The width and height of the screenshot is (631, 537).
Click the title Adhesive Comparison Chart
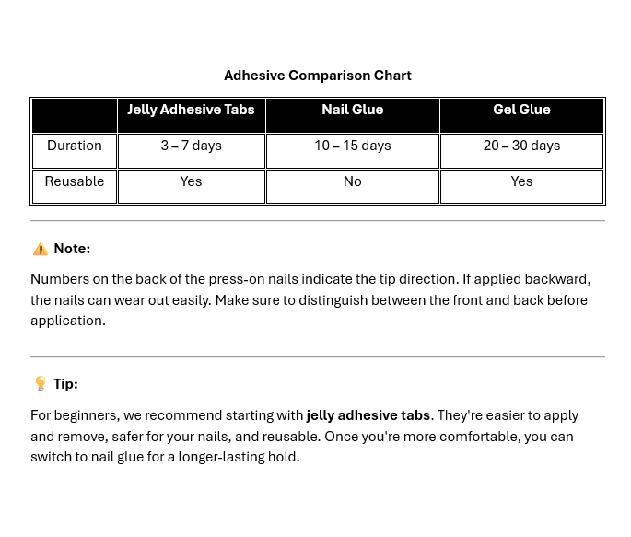318,76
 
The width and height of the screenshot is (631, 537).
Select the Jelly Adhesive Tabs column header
191,110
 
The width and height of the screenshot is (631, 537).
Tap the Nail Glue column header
352,110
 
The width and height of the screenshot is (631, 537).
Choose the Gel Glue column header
521,110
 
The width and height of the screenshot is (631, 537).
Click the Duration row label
75,146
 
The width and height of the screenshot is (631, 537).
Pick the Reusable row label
75,181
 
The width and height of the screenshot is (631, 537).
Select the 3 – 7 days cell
191,146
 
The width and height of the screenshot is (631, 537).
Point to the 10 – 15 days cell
352,146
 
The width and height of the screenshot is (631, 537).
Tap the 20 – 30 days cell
521,146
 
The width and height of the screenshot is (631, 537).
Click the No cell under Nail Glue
352,181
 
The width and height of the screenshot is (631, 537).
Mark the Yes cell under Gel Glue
521,181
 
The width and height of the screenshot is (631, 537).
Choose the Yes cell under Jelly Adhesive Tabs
191,181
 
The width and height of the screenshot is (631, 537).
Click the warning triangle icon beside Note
40,249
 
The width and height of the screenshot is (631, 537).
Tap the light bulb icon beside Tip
40,383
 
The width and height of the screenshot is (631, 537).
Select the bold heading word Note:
72,249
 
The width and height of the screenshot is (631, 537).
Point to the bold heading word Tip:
65,384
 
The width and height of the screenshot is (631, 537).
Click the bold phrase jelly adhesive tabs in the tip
368,415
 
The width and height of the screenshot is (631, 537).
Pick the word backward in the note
558,278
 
